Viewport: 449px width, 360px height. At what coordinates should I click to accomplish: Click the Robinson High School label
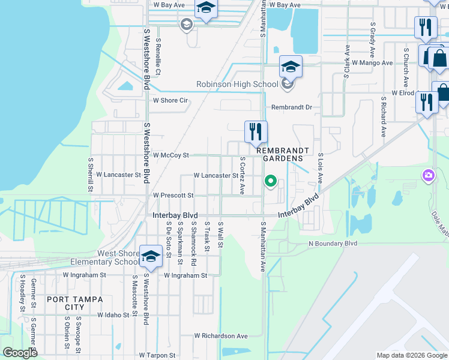[237, 85]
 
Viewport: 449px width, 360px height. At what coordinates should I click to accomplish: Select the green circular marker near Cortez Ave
[270, 181]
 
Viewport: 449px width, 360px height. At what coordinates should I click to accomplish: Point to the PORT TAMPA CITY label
[75, 303]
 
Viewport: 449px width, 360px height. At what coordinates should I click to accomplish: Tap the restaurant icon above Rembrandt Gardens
[256, 131]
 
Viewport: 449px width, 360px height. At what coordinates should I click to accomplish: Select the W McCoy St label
[171, 155]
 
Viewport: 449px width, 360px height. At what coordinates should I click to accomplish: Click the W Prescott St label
[173, 196]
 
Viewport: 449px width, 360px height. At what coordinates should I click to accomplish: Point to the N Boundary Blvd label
[333, 244]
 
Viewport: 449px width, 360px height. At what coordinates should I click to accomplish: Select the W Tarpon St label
[157, 355]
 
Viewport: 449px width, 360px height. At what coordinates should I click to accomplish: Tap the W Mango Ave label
[372, 62]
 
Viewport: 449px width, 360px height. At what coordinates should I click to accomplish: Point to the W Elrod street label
[403, 93]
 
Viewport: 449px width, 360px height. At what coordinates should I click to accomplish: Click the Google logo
[20, 353]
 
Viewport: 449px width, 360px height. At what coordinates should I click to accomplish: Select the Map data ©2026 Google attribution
[411, 355]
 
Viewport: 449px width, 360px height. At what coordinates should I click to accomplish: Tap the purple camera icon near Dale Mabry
[429, 176]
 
